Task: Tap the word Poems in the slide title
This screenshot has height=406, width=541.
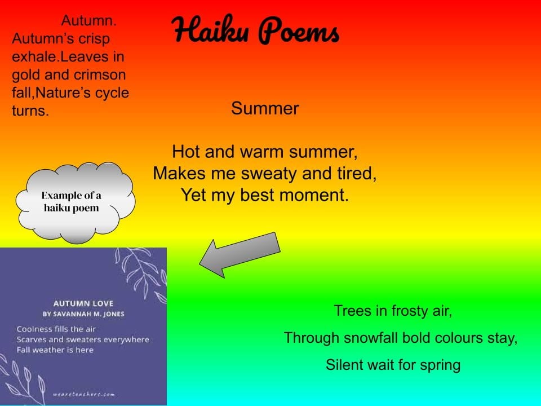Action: pos(299,30)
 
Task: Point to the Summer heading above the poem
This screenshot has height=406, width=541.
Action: pos(265,109)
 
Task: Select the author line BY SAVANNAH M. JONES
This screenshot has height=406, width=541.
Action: pos(83,314)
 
